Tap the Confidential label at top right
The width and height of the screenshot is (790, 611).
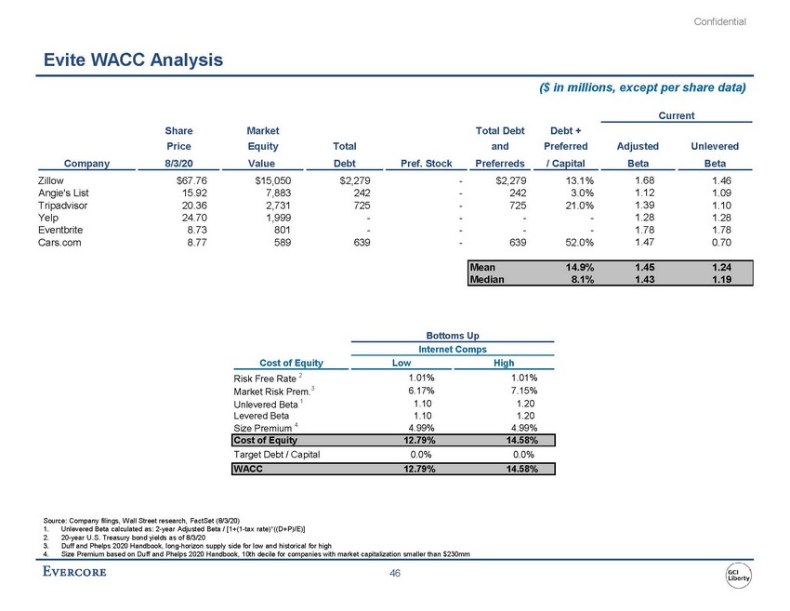point(720,21)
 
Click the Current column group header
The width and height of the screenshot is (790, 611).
point(676,114)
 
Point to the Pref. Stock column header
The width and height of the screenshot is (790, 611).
point(426,163)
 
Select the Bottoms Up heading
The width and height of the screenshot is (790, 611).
point(453,333)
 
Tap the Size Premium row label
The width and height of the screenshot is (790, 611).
point(264,429)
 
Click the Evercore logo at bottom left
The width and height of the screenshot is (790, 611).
point(74,571)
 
